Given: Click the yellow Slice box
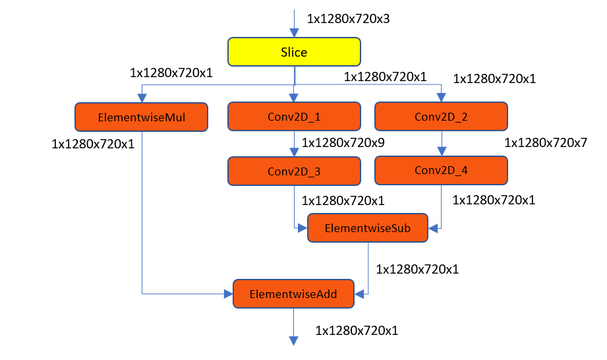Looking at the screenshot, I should (294, 52).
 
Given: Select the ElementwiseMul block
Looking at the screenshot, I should (142, 117).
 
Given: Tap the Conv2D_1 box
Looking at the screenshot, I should (294, 117).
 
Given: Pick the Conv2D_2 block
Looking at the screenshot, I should (441, 117).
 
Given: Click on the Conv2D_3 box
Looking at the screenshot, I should (294, 171).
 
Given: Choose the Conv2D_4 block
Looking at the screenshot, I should (441, 170).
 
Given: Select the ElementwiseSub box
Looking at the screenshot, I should (368, 227).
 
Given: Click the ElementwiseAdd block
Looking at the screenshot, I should (293, 294).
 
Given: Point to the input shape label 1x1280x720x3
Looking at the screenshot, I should (348, 18).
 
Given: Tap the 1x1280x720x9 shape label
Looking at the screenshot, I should (343, 142).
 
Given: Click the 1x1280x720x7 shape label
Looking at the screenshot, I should (545, 142).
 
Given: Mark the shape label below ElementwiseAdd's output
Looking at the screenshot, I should (357, 330).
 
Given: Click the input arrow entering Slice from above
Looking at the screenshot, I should (294, 23).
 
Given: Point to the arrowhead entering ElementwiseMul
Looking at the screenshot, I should (142, 98).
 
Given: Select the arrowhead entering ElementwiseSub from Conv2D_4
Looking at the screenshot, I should (434, 228).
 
